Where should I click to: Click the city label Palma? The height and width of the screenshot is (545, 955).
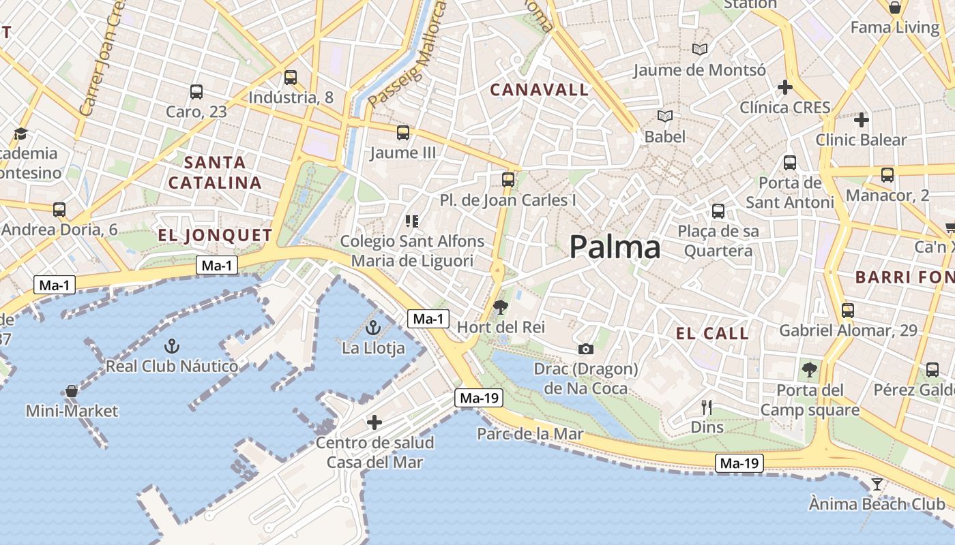click(x=615, y=247)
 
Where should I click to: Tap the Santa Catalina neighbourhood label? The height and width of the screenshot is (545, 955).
click(x=215, y=173)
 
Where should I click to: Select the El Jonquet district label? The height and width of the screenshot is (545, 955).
click(x=215, y=236)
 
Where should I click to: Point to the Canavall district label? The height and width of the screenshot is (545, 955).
click(x=539, y=89)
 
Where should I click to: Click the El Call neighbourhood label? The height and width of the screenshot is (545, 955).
click(x=712, y=333)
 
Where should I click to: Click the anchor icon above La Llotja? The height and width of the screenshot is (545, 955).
click(x=372, y=328)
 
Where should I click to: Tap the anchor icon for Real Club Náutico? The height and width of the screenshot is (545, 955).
click(x=172, y=346)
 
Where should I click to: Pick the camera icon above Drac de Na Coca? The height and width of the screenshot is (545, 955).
click(x=585, y=349)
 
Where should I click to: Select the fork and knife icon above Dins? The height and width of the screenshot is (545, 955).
click(x=707, y=407)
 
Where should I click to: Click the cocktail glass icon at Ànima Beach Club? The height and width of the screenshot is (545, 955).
click(x=877, y=484)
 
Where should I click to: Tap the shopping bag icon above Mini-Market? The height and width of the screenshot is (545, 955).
click(x=71, y=391)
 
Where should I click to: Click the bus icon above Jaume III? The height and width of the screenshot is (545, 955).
click(x=403, y=132)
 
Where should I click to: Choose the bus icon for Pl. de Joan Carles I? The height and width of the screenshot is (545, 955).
click(x=508, y=179)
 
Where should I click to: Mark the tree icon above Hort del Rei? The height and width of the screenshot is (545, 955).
click(x=501, y=307)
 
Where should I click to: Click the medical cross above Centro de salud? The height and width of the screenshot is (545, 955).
click(x=374, y=422)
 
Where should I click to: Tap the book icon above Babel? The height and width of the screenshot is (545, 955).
click(x=665, y=116)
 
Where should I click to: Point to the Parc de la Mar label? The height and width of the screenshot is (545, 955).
click(x=530, y=434)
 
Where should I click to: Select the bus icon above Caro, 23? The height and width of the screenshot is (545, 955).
click(x=196, y=91)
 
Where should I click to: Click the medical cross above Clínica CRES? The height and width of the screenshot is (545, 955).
click(x=785, y=87)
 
